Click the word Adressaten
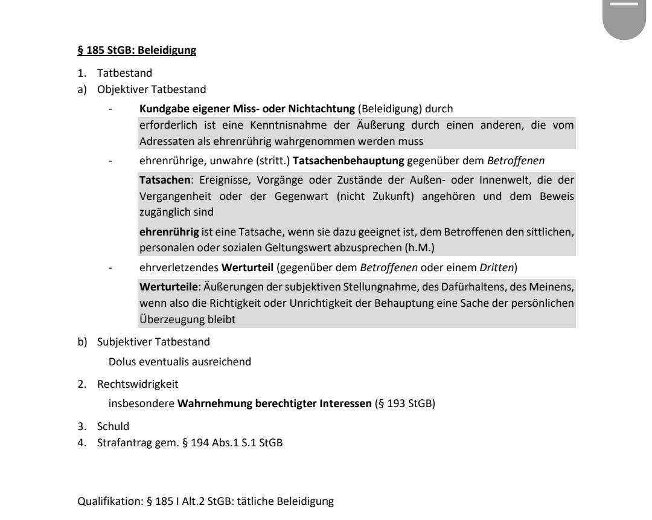point(159,131)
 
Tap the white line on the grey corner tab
point(626,4)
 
